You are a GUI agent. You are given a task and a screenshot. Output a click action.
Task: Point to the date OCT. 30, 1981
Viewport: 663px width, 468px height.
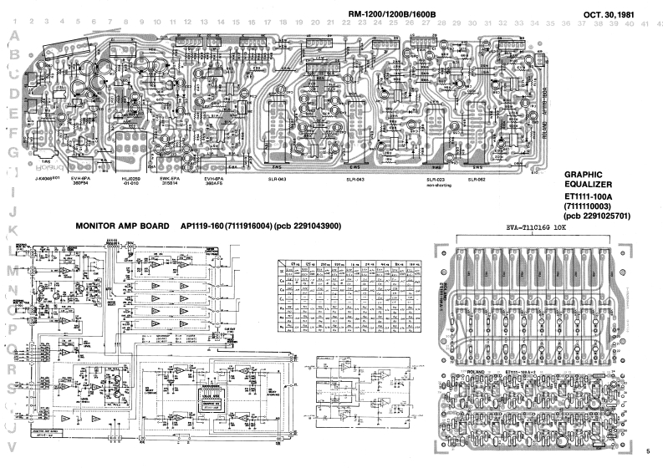[x=616, y=14]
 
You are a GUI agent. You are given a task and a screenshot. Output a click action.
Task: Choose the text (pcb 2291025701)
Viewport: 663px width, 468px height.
[x=598, y=216]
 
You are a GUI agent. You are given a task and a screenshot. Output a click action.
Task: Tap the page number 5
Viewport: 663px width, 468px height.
[x=647, y=451]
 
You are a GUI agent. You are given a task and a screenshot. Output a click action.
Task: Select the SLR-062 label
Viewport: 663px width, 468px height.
[x=477, y=180]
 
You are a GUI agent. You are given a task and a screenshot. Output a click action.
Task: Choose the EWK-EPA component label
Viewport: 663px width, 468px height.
[x=170, y=179]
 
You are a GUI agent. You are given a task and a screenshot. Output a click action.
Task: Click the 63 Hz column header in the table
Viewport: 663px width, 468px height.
[x=294, y=263]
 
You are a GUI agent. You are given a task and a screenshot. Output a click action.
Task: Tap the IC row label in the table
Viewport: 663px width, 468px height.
[x=282, y=272]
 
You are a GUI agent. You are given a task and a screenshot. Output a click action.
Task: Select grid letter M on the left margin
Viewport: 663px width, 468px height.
[x=12, y=270]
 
